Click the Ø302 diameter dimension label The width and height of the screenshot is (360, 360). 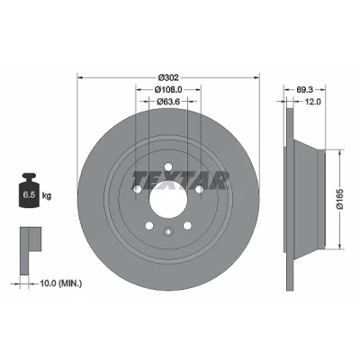click(x=168, y=77)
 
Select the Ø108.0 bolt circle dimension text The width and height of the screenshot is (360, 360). click(x=168, y=89)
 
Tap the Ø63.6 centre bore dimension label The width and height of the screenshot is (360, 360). click(x=168, y=102)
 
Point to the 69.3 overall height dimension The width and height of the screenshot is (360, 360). click(x=305, y=89)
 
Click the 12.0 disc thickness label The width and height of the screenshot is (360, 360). click(x=313, y=102)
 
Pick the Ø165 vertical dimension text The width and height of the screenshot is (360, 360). click(x=340, y=199)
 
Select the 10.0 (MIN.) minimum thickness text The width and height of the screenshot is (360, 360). click(x=61, y=283)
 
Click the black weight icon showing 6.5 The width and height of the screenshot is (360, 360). click(x=29, y=190)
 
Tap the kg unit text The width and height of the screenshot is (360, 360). click(x=47, y=196)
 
